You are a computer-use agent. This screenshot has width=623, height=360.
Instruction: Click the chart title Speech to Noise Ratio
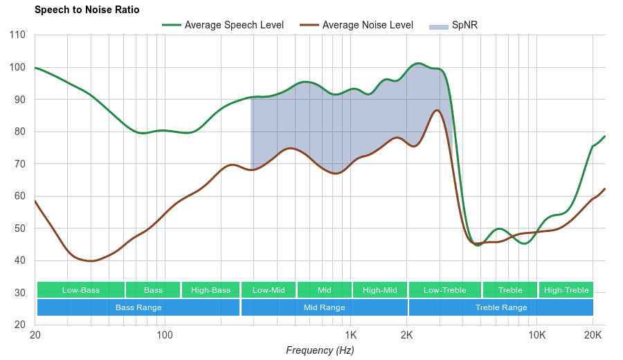pos(87,10)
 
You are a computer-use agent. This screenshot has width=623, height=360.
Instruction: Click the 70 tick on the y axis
pos(20,164)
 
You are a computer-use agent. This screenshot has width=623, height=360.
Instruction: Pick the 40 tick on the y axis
pos(20,261)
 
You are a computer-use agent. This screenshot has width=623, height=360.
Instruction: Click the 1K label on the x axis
pos(350,335)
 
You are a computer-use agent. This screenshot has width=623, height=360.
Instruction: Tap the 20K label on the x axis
pos(593,335)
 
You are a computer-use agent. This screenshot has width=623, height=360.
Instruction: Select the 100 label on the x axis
pos(165,335)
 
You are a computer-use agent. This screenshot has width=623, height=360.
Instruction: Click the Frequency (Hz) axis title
pos(320,350)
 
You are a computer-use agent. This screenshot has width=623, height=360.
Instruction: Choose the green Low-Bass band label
pos(81,290)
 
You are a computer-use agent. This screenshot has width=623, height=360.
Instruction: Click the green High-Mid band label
pos(380,290)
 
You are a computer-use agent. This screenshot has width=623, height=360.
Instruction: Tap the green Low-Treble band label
pos(445,290)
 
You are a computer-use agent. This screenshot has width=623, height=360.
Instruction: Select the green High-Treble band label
pos(566,290)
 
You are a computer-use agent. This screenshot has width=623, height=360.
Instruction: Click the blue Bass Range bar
pos(138,307)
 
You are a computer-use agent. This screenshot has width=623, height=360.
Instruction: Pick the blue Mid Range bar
pos(325,307)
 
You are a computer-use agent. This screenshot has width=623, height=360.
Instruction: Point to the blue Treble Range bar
pos(501,307)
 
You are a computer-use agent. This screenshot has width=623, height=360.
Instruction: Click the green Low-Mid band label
pos(269,290)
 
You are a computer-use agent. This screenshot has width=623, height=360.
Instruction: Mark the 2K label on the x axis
pos(406,335)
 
